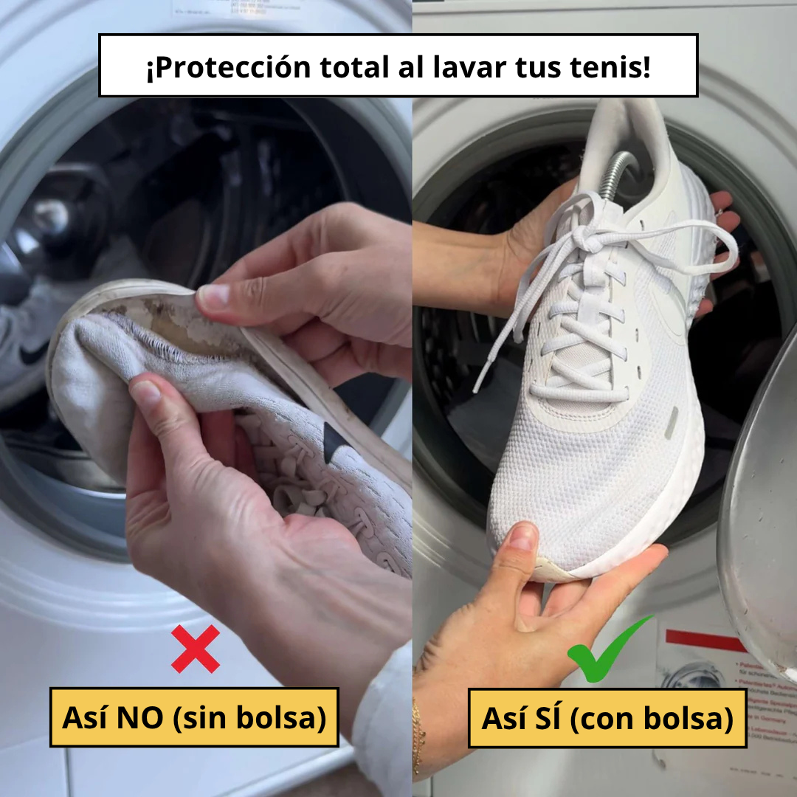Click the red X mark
(x=196, y=649)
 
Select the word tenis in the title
(x=612, y=68)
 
